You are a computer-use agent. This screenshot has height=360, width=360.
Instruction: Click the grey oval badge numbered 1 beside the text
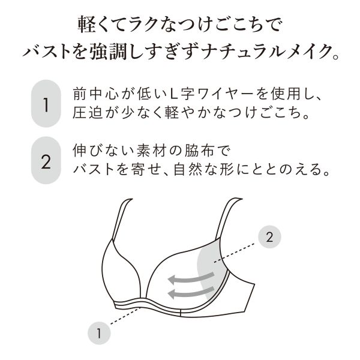[46, 104]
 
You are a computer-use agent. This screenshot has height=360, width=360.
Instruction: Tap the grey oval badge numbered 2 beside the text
[46, 160]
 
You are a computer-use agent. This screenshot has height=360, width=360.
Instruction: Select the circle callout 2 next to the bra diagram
[269, 237]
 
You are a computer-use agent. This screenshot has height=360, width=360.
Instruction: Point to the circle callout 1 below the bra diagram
[99, 333]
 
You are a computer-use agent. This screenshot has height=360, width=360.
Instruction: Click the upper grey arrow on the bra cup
[191, 278]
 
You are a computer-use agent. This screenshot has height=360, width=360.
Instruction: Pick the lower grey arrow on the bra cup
[191, 292]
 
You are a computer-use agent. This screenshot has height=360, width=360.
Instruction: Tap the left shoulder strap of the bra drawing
[121, 218]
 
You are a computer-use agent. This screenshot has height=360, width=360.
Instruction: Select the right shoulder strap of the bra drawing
[228, 217]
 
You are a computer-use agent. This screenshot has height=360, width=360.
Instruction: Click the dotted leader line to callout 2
[235, 253]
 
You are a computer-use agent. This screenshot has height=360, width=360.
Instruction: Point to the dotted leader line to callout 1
[125, 316]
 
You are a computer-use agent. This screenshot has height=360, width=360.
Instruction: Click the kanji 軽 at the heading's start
[87, 25]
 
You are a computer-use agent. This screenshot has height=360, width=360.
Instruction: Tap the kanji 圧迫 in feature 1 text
[88, 113]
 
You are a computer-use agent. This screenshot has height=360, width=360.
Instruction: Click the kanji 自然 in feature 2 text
[188, 169]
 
